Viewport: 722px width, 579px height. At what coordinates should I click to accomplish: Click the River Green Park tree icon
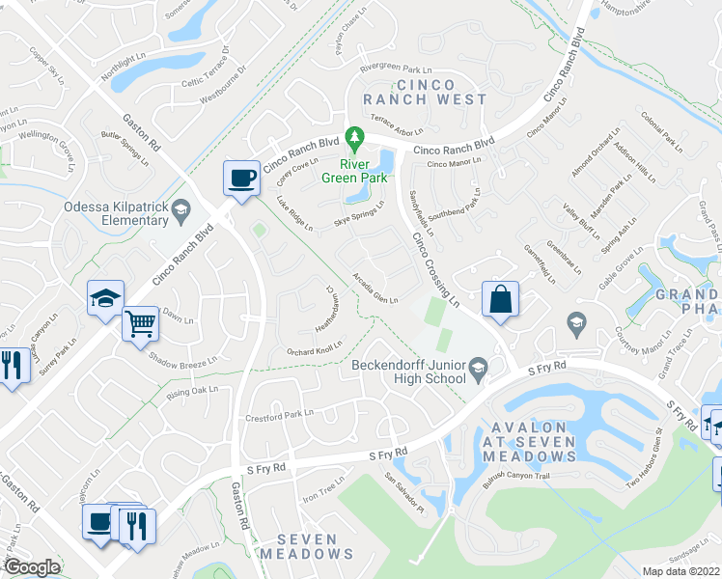355,141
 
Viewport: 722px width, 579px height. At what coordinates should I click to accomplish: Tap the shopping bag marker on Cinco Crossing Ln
501,300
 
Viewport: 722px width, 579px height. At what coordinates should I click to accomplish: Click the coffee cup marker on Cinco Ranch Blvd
240,178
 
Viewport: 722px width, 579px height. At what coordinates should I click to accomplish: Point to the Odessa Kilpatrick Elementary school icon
180,208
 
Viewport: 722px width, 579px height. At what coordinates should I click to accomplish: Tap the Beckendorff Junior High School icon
477,368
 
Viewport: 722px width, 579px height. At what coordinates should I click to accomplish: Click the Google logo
32,567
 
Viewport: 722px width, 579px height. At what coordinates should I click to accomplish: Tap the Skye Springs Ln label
359,214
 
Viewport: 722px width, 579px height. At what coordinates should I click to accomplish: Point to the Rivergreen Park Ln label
396,69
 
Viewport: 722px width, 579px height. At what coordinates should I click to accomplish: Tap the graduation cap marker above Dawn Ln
105,297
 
